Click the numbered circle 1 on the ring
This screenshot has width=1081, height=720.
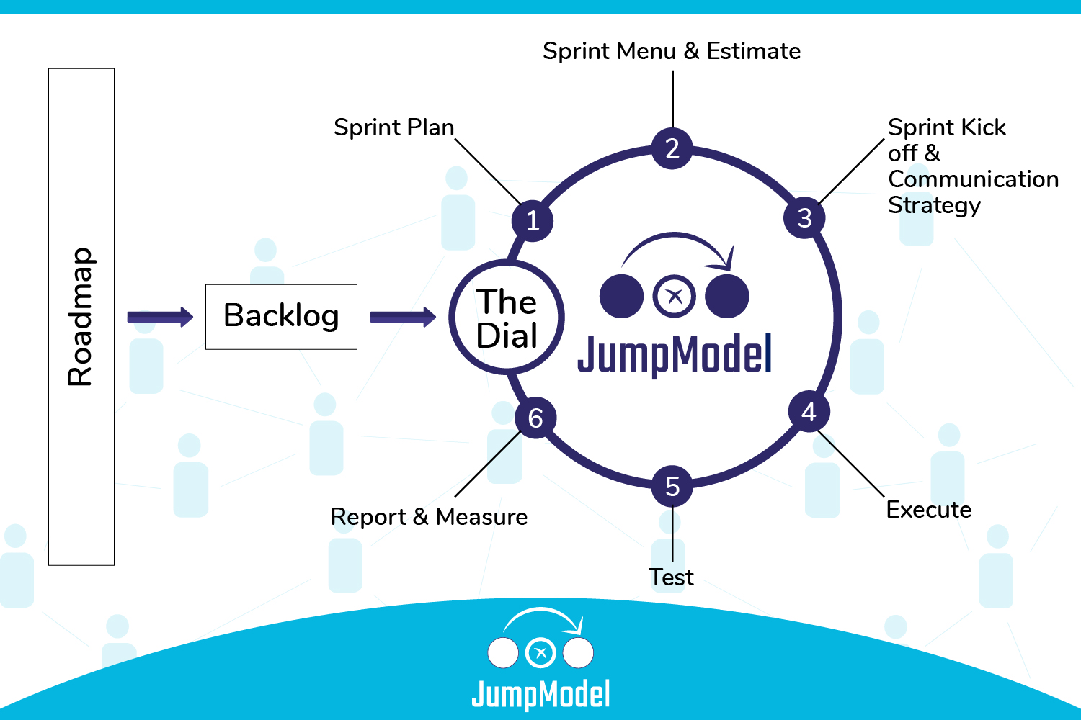click(x=533, y=220)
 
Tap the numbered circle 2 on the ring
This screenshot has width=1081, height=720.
click(x=672, y=148)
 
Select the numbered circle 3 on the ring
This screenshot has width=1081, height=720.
click(x=804, y=217)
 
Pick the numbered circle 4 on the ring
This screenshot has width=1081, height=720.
click(x=809, y=412)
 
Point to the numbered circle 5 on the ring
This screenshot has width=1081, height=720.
click(x=672, y=486)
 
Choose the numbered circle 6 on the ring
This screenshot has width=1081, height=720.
click(x=535, y=418)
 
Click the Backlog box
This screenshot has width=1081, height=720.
click(x=281, y=317)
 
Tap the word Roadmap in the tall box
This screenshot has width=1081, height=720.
click(x=81, y=317)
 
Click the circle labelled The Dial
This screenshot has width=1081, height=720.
click(x=507, y=318)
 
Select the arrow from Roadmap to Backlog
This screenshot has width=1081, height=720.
click(x=160, y=317)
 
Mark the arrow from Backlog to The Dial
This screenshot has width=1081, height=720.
click(x=403, y=317)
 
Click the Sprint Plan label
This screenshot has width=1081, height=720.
click(x=393, y=127)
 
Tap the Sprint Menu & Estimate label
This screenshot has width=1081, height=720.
click(x=672, y=51)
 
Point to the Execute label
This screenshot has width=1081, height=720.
click(x=928, y=510)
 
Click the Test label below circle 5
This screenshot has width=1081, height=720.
click(x=671, y=577)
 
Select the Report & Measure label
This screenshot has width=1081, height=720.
click(x=429, y=517)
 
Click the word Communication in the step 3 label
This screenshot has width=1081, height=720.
click(x=973, y=179)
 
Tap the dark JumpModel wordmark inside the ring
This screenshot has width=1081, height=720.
click(x=675, y=354)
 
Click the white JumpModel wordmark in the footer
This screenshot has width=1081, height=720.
click(x=540, y=695)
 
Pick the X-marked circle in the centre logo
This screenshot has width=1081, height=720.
click(x=675, y=296)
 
